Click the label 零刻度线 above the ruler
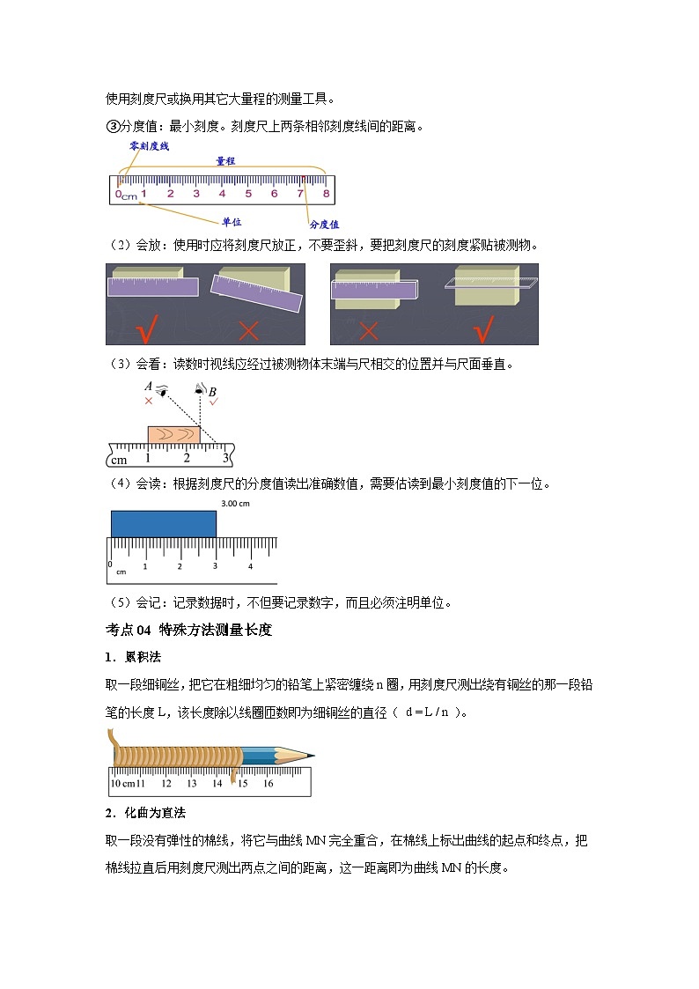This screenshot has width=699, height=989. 149,145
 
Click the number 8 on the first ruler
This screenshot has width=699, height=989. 326,193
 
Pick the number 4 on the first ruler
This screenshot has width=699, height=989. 222,193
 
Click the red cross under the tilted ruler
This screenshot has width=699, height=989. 249,330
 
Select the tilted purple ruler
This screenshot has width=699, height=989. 256,293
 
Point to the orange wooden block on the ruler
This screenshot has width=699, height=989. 173,434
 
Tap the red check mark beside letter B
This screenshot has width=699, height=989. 214,401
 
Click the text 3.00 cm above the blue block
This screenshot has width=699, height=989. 235,504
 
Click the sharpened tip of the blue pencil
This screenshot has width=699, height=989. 309,755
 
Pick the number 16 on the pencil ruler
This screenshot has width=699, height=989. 268,783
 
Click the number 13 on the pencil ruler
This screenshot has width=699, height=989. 192,783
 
